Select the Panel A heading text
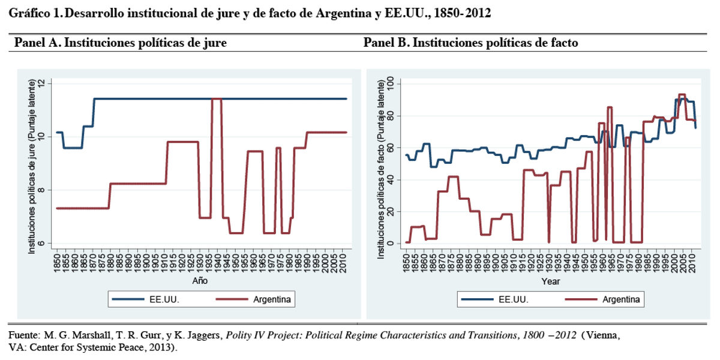121,43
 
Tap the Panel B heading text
471,43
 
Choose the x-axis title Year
550,280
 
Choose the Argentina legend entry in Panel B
620,299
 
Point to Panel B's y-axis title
380,168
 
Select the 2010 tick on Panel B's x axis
691,262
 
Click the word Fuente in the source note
23,336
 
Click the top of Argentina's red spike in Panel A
217,99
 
